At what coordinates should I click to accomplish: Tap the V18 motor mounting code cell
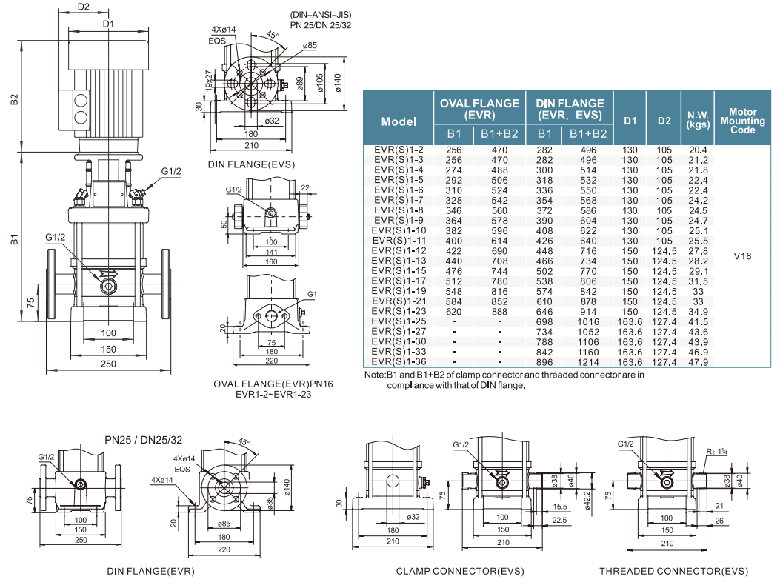click(x=742, y=256)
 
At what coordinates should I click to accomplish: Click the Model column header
click(x=399, y=121)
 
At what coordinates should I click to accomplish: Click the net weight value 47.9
click(x=699, y=362)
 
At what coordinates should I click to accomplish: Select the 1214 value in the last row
click(x=588, y=362)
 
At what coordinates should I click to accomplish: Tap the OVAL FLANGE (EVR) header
click(x=479, y=108)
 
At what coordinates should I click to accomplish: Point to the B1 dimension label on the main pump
click(x=14, y=241)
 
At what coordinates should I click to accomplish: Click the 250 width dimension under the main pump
click(x=109, y=364)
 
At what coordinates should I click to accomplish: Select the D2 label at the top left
click(x=83, y=7)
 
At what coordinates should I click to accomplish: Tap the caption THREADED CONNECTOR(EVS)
click(x=673, y=571)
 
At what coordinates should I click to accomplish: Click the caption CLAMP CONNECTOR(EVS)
click(x=459, y=571)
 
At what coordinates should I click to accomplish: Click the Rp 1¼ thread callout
click(x=717, y=450)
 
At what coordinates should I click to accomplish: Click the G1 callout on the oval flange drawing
click(x=311, y=294)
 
